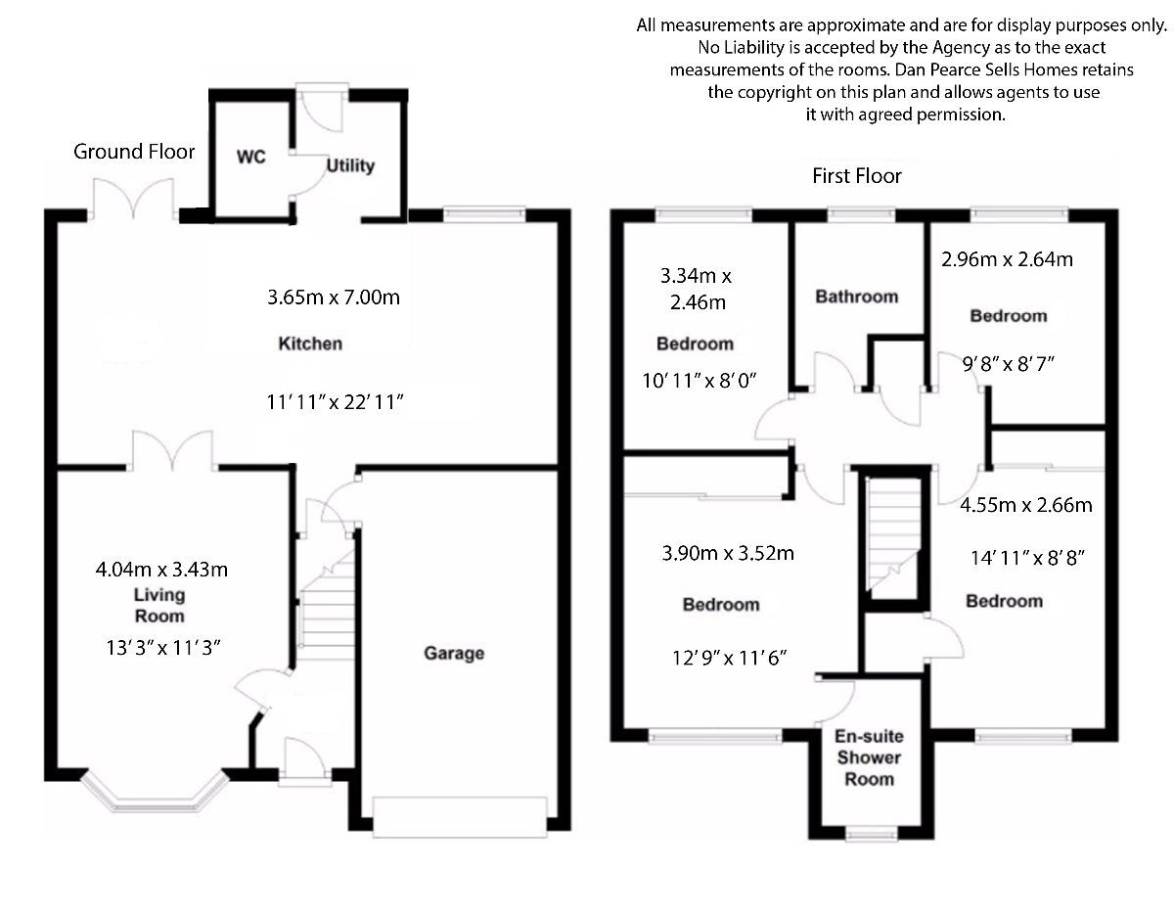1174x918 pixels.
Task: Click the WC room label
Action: [250, 158]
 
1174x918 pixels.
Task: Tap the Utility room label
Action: [350, 165]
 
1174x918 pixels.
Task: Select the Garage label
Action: [453, 653]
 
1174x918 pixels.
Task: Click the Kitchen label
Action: [310, 344]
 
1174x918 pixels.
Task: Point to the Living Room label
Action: [158, 606]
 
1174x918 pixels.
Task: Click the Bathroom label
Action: [856, 297]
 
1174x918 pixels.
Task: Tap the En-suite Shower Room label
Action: [869, 757]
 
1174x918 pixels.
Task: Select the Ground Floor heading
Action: [134, 152]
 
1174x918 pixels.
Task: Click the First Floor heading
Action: [856, 176]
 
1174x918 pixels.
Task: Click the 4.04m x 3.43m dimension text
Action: [161, 569]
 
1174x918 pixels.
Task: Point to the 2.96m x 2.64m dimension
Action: [1007, 259]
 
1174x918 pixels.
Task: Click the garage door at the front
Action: [459, 817]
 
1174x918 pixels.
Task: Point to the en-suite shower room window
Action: [870, 834]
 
